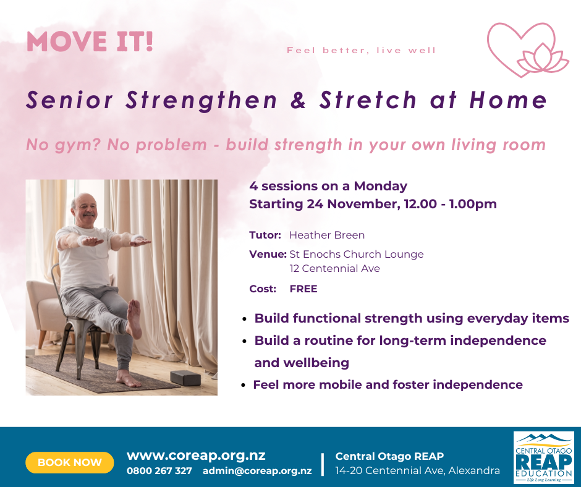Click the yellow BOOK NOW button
click(x=70, y=462)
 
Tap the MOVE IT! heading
click(x=90, y=41)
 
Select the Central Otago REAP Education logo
click(x=543, y=457)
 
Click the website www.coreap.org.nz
click(x=196, y=455)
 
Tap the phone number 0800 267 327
click(x=159, y=471)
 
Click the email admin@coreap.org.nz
click(x=257, y=471)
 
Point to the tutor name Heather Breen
click(x=327, y=235)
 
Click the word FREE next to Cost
click(x=303, y=289)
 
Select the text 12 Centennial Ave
click(x=334, y=268)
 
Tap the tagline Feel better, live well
click(x=362, y=51)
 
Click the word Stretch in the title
click(x=368, y=100)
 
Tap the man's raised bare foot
click(x=134, y=318)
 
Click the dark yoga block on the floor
click(x=185, y=378)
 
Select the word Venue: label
click(x=268, y=254)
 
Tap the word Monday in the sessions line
click(x=381, y=186)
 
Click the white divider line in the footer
click(x=323, y=464)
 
